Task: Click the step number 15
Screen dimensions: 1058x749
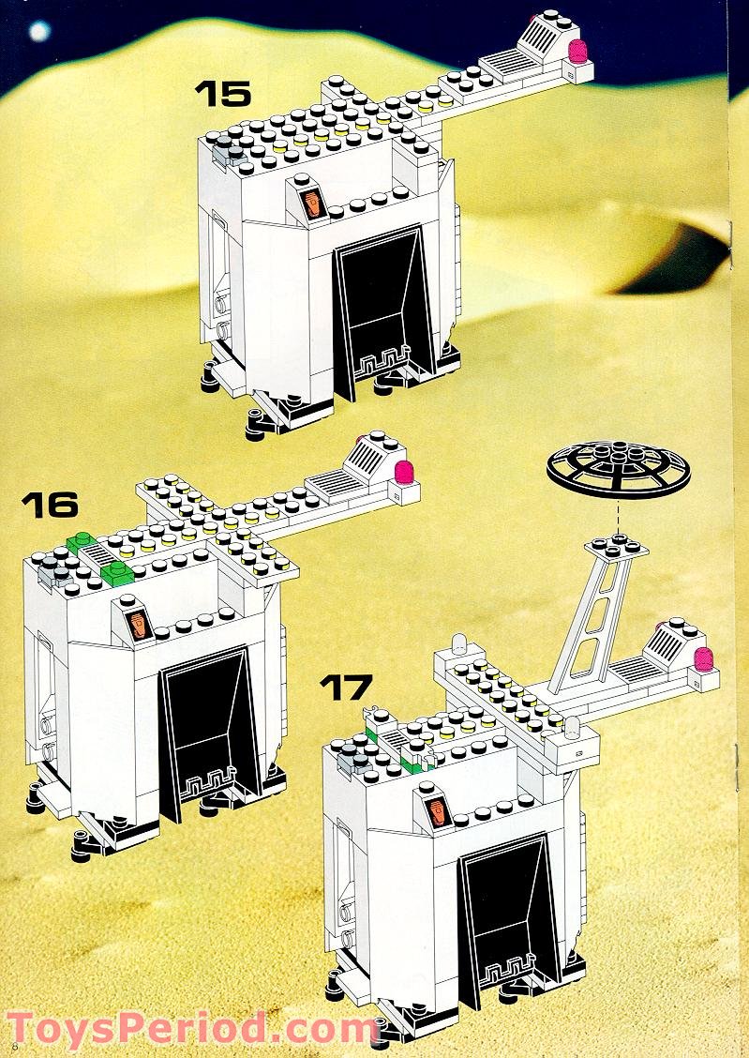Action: click(222, 94)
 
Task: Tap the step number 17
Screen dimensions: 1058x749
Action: click(346, 687)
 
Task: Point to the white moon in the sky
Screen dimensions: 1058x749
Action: click(39, 31)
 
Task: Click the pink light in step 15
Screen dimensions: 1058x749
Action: click(577, 53)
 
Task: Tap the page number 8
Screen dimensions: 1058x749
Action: click(14, 1044)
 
